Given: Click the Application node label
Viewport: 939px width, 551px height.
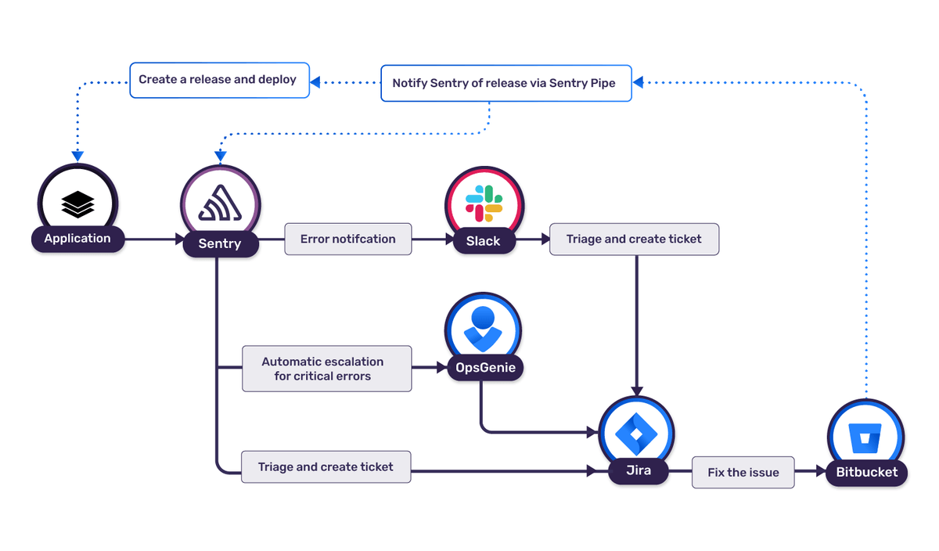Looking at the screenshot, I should [77, 239].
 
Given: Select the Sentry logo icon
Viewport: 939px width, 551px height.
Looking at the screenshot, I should [220, 203].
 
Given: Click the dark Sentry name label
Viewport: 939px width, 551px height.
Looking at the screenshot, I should [220, 244].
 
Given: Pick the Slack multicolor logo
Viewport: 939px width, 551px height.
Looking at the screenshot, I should [484, 203].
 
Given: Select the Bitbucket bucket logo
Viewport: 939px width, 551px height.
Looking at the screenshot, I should [865, 435].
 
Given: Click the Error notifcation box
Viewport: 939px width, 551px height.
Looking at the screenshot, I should [347, 239].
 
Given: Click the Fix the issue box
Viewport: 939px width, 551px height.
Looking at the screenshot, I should [743, 473].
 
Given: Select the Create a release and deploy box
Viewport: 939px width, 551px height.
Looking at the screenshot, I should [218, 80].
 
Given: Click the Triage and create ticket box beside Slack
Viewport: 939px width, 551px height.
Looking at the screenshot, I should [634, 239].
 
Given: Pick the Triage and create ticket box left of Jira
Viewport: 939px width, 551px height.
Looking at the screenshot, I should [326, 467].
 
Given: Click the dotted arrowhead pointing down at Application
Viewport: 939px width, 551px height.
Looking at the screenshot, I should [77, 155].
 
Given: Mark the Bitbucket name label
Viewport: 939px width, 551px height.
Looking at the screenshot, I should [866, 473].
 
